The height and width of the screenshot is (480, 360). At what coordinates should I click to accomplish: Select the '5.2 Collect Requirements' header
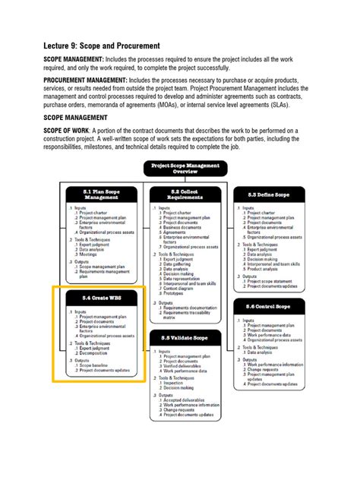coord(185,195)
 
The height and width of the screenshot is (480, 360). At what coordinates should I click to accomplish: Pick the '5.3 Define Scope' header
coord(272,195)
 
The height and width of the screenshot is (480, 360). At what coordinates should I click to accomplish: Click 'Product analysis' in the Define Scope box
coord(265,268)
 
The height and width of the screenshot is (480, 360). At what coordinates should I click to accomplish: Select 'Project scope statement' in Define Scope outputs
coord(269,281)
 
